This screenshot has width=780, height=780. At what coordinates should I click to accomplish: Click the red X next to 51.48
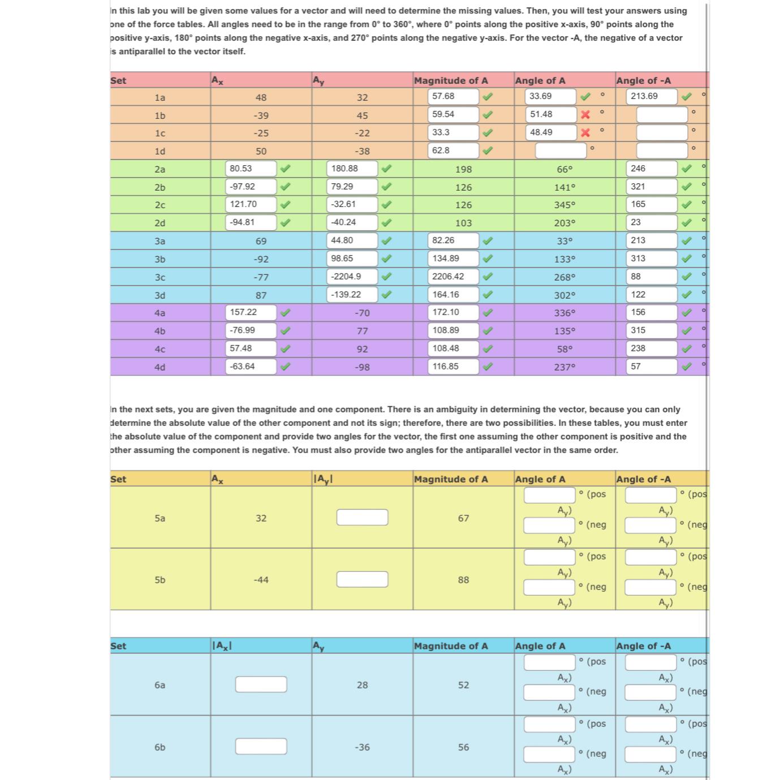pyautogui.click(x=585, y=115)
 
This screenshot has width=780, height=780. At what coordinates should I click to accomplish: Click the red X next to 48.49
pyautogui.click(x=585, y=133)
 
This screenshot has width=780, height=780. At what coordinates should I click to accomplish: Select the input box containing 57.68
pyautogui.click(x=454, y=96)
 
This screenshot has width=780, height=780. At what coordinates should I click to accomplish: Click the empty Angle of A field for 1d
pyautogui.click(x=561, y=150)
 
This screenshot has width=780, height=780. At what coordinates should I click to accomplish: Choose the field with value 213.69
pyautogui.click(x=653, y=96)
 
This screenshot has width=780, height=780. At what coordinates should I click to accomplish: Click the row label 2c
pyautogui.click(x=160, y=205)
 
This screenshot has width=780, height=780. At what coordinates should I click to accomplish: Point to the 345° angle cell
pyautogui.click(x=564, y=205)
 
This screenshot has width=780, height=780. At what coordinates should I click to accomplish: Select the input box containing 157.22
pyautogui.click(x=251, y=312)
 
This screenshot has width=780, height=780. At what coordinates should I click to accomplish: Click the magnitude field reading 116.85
pyautogui.click(x=454, y=367)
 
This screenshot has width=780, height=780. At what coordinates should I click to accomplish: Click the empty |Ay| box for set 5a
pyautogui.click(x=362, y=517)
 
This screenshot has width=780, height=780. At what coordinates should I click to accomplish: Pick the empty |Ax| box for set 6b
pyautogui.click(x=261, y=746)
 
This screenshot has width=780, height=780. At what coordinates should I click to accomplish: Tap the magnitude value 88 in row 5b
pyautogui.click(x=463, y=580)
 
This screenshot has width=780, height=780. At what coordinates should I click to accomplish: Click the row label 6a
pyautogui.click(x=160, y=685)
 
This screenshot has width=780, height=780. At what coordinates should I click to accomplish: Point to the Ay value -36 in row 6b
pyautogui.click(x=362, y=747)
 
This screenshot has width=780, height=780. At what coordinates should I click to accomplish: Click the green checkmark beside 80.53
pyautogui.click(x=286, y=169)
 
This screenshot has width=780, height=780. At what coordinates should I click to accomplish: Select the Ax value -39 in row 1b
pyautogui.click(x=261, y=115)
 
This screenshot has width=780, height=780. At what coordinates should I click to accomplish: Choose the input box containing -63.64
pyautogui.click(x=251, y=367)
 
